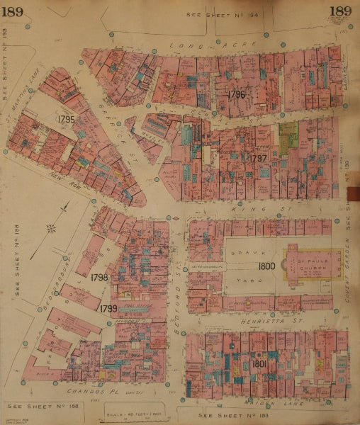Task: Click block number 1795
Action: tap(67, 120)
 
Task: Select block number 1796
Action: tap(236, 94)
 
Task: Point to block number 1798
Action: tap(101, 278)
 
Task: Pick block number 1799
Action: tap(108, 308)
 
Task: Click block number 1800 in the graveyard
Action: tap(266, 266)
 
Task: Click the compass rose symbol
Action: tap(50, 228)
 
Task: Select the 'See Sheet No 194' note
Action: tap(213, 14)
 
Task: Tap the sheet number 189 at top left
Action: tap(14, 11)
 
